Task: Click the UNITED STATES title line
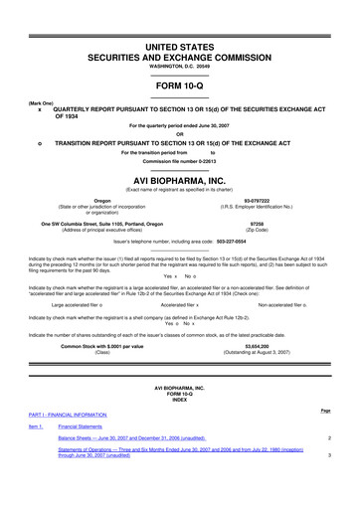point(180,18)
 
